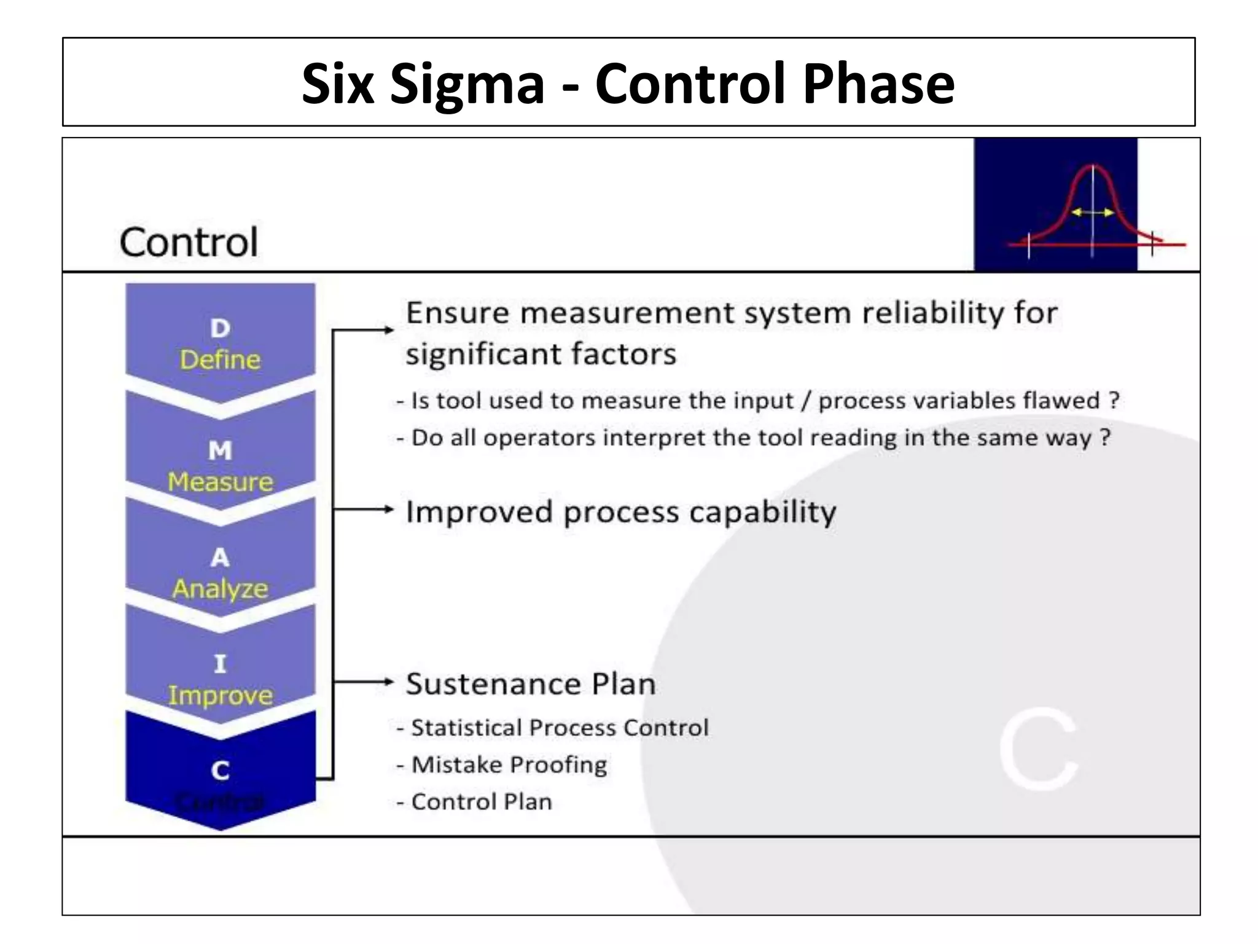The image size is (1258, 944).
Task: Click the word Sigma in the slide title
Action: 467,85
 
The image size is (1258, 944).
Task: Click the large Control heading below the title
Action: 189,242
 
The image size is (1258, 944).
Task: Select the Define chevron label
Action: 220,360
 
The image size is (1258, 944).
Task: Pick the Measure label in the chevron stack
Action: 220,482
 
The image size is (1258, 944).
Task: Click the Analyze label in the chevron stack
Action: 220,589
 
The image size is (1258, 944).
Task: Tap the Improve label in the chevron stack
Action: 220,695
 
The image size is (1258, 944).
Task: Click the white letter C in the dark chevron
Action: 220,771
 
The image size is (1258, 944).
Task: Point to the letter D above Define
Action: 220,328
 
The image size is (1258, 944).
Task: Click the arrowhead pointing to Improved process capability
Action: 388,509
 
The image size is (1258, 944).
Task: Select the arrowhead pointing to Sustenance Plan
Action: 388,681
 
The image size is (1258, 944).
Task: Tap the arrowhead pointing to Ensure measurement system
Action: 388,330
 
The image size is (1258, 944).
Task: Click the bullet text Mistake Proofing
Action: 509,765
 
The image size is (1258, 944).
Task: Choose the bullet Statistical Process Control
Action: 559,728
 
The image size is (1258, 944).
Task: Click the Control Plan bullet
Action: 481,801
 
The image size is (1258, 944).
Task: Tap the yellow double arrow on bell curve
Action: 1092,213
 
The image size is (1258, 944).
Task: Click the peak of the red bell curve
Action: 1092,166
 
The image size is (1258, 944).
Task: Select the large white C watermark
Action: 1038,749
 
